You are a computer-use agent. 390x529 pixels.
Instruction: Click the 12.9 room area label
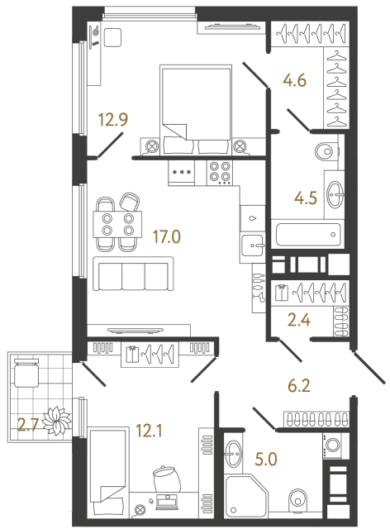tap(112, 118)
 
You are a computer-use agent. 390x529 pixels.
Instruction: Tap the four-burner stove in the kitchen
tap(220, 171)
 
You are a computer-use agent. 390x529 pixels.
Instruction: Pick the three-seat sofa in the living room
tap(133, 274)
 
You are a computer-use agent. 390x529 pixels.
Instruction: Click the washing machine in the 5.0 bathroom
tap(336, 445)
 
